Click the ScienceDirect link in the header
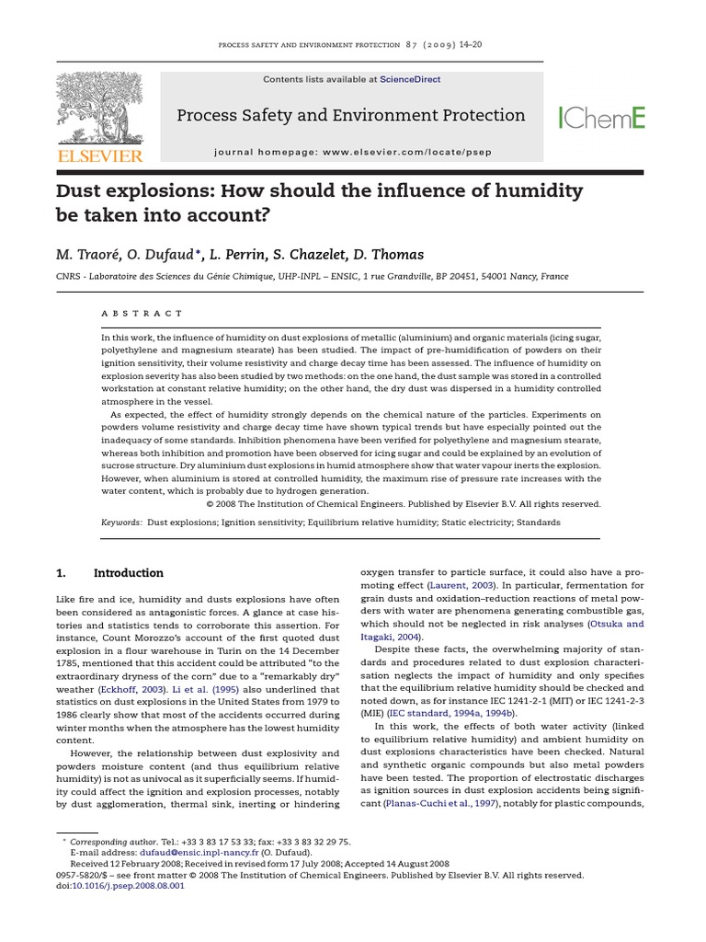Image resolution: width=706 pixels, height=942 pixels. coord(412,80)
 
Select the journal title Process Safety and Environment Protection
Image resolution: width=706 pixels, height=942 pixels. coord(350,116)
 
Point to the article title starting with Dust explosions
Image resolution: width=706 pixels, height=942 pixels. coord(320,202)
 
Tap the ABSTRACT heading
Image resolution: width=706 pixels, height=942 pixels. coord(142,313)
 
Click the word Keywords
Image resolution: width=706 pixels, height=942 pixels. coord(121,522)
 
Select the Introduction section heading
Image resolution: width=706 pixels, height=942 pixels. coord(129,573)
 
